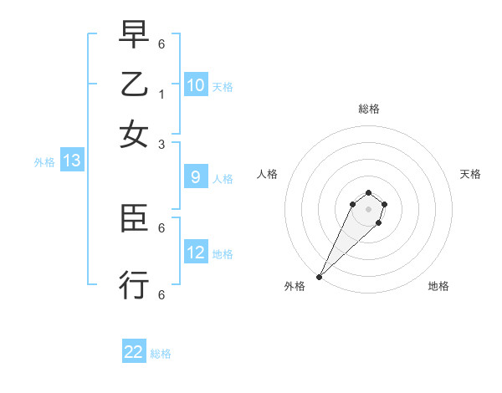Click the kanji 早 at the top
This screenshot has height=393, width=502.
134,36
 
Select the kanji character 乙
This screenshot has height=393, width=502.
134,84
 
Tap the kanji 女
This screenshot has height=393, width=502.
134,134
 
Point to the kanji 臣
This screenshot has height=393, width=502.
134,220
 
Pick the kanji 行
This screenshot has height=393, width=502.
134,285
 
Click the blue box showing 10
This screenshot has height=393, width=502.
196,85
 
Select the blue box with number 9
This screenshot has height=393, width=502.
196,177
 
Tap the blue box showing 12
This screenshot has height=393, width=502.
196,253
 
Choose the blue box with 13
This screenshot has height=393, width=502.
71,161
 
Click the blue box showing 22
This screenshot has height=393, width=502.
134,352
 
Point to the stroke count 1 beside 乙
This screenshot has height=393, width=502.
161,94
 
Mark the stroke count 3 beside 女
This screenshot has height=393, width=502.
161,144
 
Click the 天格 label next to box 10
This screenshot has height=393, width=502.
222,87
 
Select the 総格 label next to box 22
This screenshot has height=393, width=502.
161,354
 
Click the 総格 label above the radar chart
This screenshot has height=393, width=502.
368,109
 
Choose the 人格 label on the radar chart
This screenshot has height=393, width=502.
268,174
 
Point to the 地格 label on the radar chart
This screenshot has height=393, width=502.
438,287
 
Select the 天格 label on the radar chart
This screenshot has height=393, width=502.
470,174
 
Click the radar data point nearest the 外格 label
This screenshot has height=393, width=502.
319,277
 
